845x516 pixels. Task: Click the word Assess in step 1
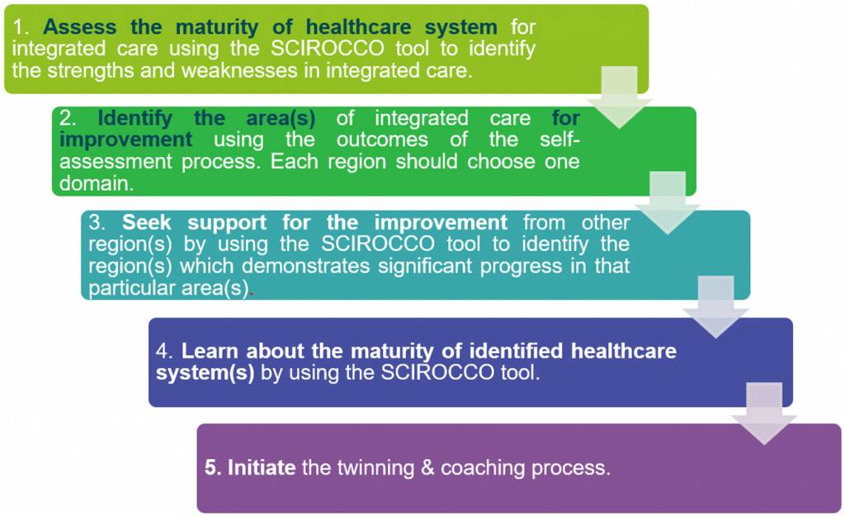coord(80,26)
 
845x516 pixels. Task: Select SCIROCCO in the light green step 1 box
coord(327,48)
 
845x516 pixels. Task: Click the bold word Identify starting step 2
coord(135,117)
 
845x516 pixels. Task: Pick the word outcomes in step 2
coord(382,140)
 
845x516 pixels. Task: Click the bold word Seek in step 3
coord(147,222)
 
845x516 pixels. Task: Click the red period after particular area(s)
coord(252,293)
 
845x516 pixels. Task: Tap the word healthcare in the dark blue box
coord(624,351)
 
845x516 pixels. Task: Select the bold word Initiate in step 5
coord(262,467)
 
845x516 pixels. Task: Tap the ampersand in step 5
coord(427,467)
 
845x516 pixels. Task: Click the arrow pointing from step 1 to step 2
coord(619,97)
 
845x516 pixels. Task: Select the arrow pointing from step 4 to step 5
coord(764,414)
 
